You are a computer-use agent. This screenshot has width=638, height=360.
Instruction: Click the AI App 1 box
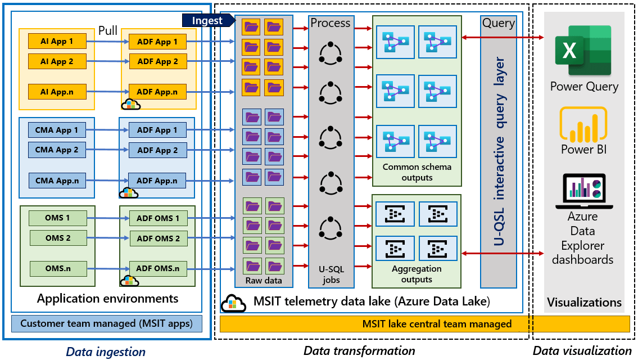click(x=57, y=41)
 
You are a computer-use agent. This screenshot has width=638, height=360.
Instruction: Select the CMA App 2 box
click(x=57, y=150)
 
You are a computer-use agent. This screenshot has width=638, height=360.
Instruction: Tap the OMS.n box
click(x=57, y=269)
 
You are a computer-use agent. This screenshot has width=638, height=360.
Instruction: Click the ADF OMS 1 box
click(x=158, y=218)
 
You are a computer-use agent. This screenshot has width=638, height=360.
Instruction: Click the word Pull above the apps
click(x=108, y=30)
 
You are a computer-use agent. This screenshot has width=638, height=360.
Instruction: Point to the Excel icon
click(x=582, y=50)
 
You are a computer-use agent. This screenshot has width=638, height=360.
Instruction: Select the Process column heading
click(x=331, y=23)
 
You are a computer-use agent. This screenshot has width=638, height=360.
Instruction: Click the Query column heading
click(x=498, y=23)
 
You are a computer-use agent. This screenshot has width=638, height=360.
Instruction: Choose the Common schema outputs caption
click(x=417, y=172)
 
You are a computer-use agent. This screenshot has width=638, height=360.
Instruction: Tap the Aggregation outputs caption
click(x=417, y=274)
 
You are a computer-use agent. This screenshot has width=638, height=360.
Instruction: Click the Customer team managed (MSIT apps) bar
click(x=107, y=323)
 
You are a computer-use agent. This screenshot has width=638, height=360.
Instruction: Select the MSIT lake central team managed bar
click(x=425, y=324)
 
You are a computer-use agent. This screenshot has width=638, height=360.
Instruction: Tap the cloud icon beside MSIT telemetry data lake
click(x=233, y=303)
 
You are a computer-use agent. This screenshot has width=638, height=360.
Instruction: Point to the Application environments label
click(x=107, y=298)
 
